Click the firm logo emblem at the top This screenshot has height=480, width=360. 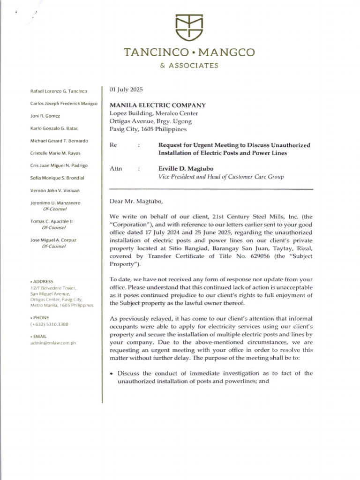click(x=189, y=28)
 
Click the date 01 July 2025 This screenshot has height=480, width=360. click(x=126, y=89)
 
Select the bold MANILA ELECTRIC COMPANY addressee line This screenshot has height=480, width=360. click(x=157, y=105)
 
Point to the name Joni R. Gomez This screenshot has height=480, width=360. click(x=45, y=115)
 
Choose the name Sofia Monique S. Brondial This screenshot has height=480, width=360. click(x=57, y=178)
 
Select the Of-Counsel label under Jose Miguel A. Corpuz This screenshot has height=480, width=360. click(x=54, y=246)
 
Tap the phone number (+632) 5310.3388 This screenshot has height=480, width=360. click(x=49, y=324)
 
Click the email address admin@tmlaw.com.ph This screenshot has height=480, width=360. click(x=53, y=343)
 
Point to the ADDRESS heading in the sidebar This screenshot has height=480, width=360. click(x=43, y=281)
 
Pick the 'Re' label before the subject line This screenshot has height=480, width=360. click(x=113, y=145)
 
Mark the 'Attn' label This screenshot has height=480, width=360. click(x=115, y=168)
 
